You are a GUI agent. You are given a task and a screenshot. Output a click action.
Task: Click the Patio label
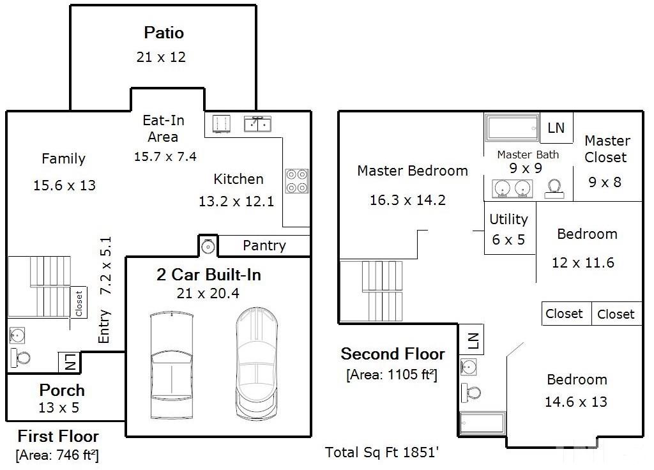click(164, 33)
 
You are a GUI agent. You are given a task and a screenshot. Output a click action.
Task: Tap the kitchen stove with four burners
click(297, 181)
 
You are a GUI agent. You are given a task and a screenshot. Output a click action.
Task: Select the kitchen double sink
click(257, 124)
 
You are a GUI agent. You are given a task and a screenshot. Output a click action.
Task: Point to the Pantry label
click(264, 245)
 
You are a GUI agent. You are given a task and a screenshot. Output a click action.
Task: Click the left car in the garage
click(171, 365)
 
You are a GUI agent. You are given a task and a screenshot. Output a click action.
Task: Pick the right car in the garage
click(257, 363)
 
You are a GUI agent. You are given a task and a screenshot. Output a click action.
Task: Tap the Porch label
click(62, 390)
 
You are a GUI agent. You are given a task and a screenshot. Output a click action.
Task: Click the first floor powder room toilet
click(20, 358)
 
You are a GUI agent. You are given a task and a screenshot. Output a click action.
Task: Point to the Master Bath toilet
click(554, 189)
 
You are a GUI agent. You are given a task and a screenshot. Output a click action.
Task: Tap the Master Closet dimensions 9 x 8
click(605, 182)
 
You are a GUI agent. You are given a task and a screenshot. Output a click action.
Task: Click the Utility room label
click(508, 219)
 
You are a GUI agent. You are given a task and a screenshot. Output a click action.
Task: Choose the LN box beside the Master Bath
click(556, 128)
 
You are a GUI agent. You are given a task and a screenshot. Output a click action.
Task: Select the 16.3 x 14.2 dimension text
click(407, 200)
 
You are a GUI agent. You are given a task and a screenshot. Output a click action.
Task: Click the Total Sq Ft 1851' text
click(382, 452)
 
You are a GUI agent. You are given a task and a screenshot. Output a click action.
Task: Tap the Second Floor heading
click(393, 354)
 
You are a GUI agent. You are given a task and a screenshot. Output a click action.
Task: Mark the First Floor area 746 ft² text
click(57, 455)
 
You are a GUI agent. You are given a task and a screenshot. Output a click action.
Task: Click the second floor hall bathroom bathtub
click(483, 423)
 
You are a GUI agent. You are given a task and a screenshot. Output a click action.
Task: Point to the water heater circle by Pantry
click(208, 246)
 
